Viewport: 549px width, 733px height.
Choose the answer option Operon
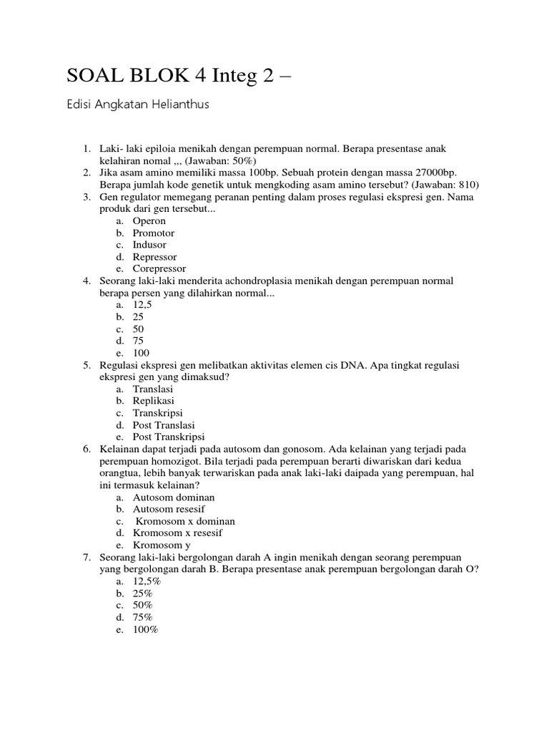[x=149, y=221]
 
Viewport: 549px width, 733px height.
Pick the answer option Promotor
[x=153, y=233]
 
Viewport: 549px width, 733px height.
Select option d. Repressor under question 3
[x=154, y=257]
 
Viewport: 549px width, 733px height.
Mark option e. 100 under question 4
[x=140, y=353]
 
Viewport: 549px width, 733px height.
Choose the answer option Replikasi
[x=153, y=401]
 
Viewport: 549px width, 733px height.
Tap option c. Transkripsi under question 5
[x=157, y=413]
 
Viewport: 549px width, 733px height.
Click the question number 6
[x=86, y=449]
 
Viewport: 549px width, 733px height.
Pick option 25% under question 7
[x=142, y=593]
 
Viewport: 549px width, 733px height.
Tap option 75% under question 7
[x=142, y=617]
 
